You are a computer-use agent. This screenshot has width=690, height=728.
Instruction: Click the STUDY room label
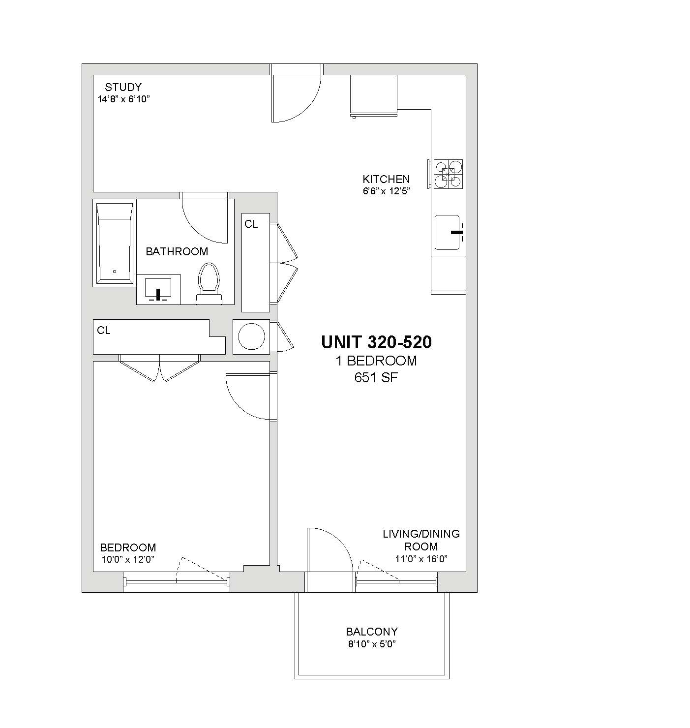[123, 87]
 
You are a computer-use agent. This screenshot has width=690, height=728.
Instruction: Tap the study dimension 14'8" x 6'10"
[124, 99]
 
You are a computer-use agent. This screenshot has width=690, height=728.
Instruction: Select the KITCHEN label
[386, 179]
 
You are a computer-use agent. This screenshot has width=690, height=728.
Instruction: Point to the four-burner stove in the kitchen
[448, 174]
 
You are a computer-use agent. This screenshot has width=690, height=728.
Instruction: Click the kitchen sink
[448, 232]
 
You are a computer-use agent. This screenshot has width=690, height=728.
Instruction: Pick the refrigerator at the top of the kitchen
[374, 95]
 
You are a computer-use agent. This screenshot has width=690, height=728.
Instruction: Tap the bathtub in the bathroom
[115, 243]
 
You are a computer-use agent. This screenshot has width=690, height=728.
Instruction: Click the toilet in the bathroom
[209, 284]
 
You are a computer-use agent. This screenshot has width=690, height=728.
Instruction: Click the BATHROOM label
[177, 251]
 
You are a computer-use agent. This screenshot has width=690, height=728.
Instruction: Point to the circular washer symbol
[251, 336]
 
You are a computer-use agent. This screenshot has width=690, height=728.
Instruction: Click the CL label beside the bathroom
[251, 224]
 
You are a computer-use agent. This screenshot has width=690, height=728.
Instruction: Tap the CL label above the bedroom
[104, 330]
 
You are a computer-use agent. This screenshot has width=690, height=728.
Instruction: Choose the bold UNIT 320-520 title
[376, 342]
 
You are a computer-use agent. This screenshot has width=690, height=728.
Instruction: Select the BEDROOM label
[128, 547]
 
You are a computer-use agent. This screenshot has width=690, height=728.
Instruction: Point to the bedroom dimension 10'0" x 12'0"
[128, 559]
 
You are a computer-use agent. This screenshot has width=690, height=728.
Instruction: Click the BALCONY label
[372, 632]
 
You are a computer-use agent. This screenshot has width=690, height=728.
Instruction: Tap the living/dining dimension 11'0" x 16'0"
[421, 559]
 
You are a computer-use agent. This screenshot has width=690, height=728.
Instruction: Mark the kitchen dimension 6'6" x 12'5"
[386, 191]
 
